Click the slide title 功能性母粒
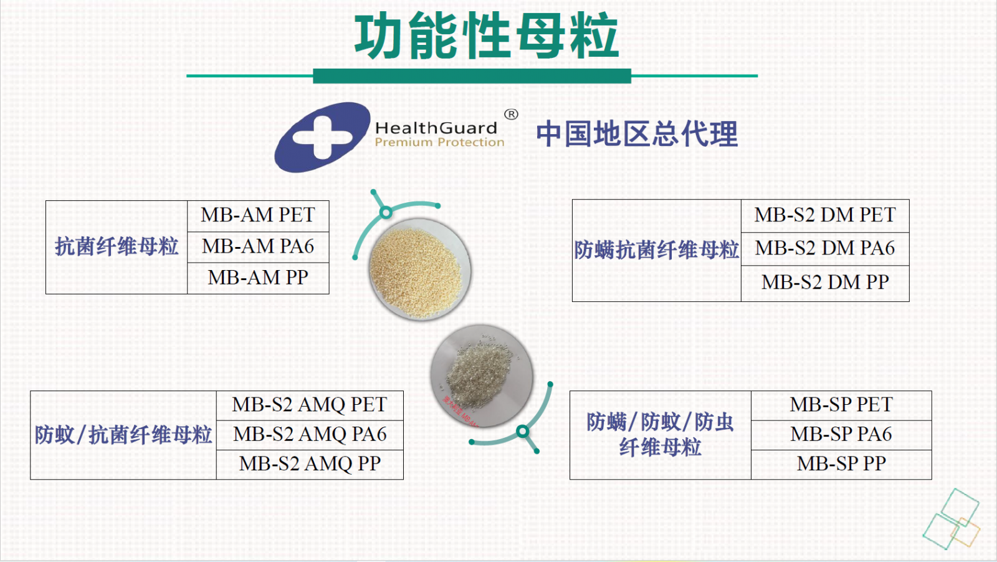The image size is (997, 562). point(487,36)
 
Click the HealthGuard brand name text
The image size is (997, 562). point(436,128)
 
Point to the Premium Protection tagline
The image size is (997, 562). point(439,142)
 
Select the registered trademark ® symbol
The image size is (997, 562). point(511,115)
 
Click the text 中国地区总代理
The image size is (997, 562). point(637,134)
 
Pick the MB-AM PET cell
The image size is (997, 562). point(258,215)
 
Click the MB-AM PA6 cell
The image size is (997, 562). point(258,246)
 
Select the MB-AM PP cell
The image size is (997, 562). point(258,278)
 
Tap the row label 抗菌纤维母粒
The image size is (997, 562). point(116,246)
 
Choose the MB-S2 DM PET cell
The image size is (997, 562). point(825,215)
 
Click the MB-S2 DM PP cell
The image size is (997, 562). point(825,283)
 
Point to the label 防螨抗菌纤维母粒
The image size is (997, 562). point(656,250)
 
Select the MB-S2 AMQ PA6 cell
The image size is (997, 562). point(310,435)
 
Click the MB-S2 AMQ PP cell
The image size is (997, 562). point(310,464)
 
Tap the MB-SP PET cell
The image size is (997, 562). point(841,405)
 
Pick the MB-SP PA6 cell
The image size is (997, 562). point(841,435)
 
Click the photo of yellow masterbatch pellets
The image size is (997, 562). point(420,269)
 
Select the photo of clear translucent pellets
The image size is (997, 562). point(482,375)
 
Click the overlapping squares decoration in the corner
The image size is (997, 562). point(952,519)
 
